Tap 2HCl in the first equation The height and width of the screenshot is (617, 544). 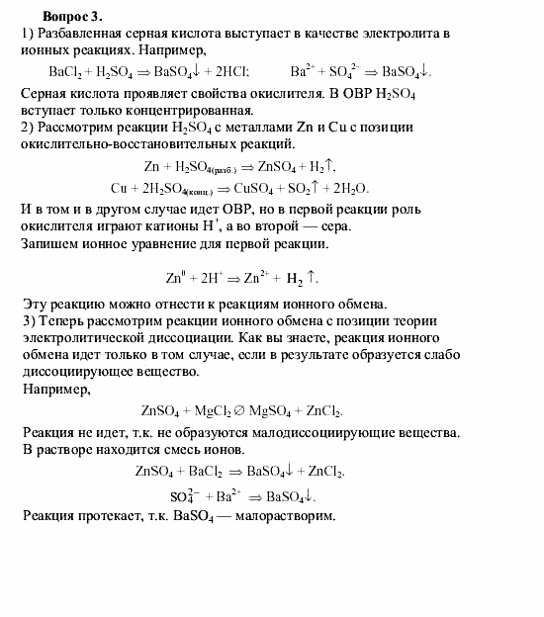pos(227,71)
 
